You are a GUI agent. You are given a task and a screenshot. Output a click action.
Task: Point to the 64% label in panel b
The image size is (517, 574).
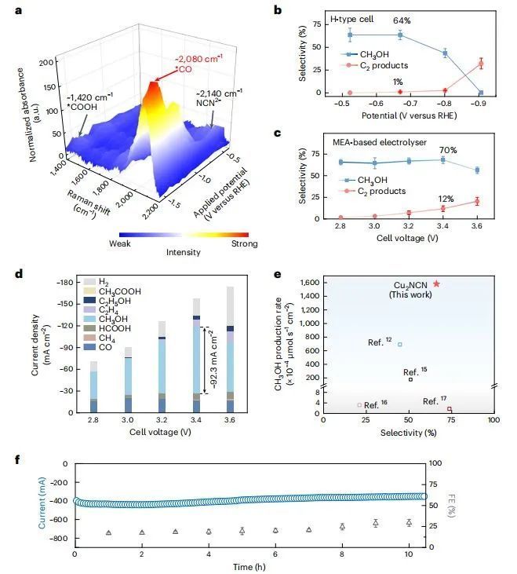click(400, 21)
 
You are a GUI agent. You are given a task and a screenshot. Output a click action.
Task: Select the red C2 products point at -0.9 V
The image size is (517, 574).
click(481, 64)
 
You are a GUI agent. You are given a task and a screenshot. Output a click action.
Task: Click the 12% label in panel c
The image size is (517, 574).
click(444, 198)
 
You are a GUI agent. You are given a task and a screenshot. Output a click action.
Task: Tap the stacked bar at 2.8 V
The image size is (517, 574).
click(93, 387)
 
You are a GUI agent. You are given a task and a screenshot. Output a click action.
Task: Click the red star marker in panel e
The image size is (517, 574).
click(436, 283)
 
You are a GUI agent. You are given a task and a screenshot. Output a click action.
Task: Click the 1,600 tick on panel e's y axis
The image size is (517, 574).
click(309, 281)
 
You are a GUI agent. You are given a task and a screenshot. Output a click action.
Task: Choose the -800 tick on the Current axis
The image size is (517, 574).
click(57, 539)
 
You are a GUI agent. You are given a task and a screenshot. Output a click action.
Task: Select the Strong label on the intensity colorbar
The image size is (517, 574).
click(234, 252)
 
